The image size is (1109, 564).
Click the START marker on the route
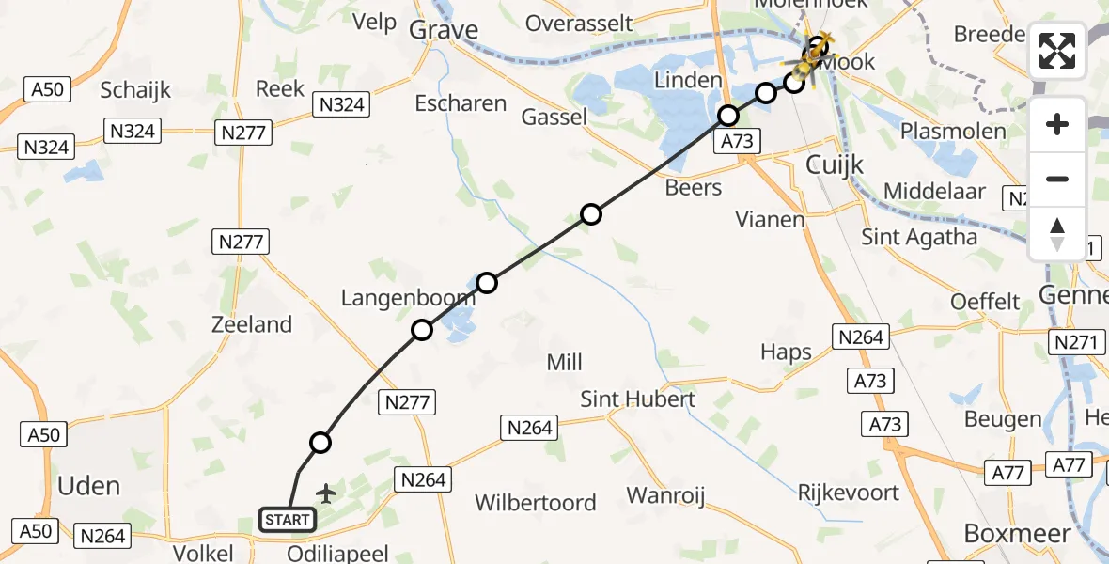[x=288, y=519]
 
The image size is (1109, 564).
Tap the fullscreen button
[x=1057, y=51]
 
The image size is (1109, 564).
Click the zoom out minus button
[x=1057, y=179]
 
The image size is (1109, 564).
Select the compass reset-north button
[x=1057, y=234]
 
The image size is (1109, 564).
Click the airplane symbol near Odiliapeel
[x=326, y=493]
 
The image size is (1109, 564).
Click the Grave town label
[x=445, y=30]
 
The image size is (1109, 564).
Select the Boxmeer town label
[x=1017, y=534]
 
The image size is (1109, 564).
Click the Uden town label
[x=89, y=486]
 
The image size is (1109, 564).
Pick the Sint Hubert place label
[x=637, y=399]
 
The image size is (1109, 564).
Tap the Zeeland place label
[x=251, y=325]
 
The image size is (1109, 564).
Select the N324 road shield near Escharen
[x=342, y=104]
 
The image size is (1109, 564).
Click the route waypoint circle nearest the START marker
[x=320, y=443]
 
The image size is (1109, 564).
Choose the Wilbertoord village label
[x=536, y=503]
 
